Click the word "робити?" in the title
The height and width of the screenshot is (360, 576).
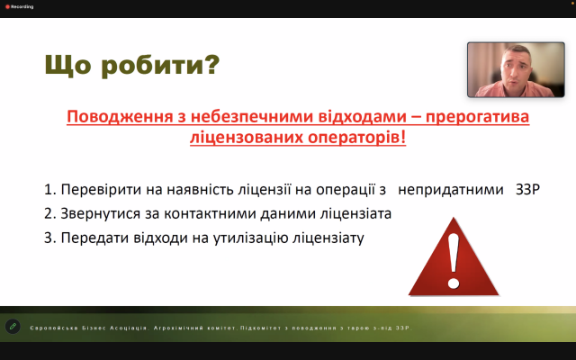(x=160, y=65)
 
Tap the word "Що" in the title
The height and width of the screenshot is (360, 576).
(x=68, y=65)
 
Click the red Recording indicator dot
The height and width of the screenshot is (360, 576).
(x=7, y=7)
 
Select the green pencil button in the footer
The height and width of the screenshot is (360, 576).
(x=13, y=326)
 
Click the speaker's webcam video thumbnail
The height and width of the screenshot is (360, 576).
(x=516, y=69)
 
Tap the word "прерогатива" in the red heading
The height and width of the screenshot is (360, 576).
(x=477, y=117)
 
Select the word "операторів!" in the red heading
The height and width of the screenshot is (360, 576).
(x=356, y=138)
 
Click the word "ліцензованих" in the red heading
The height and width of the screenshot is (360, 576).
(x=246, y=138)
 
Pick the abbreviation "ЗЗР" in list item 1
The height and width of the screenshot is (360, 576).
(x=527, y=190)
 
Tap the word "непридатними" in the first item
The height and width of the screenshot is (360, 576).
(x=451, y=190)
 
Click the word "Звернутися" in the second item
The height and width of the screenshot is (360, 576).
(x=100, y=214)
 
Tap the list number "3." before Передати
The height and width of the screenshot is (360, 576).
(x=50, y=238)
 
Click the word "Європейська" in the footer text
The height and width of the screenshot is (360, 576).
(x=54, y=328)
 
